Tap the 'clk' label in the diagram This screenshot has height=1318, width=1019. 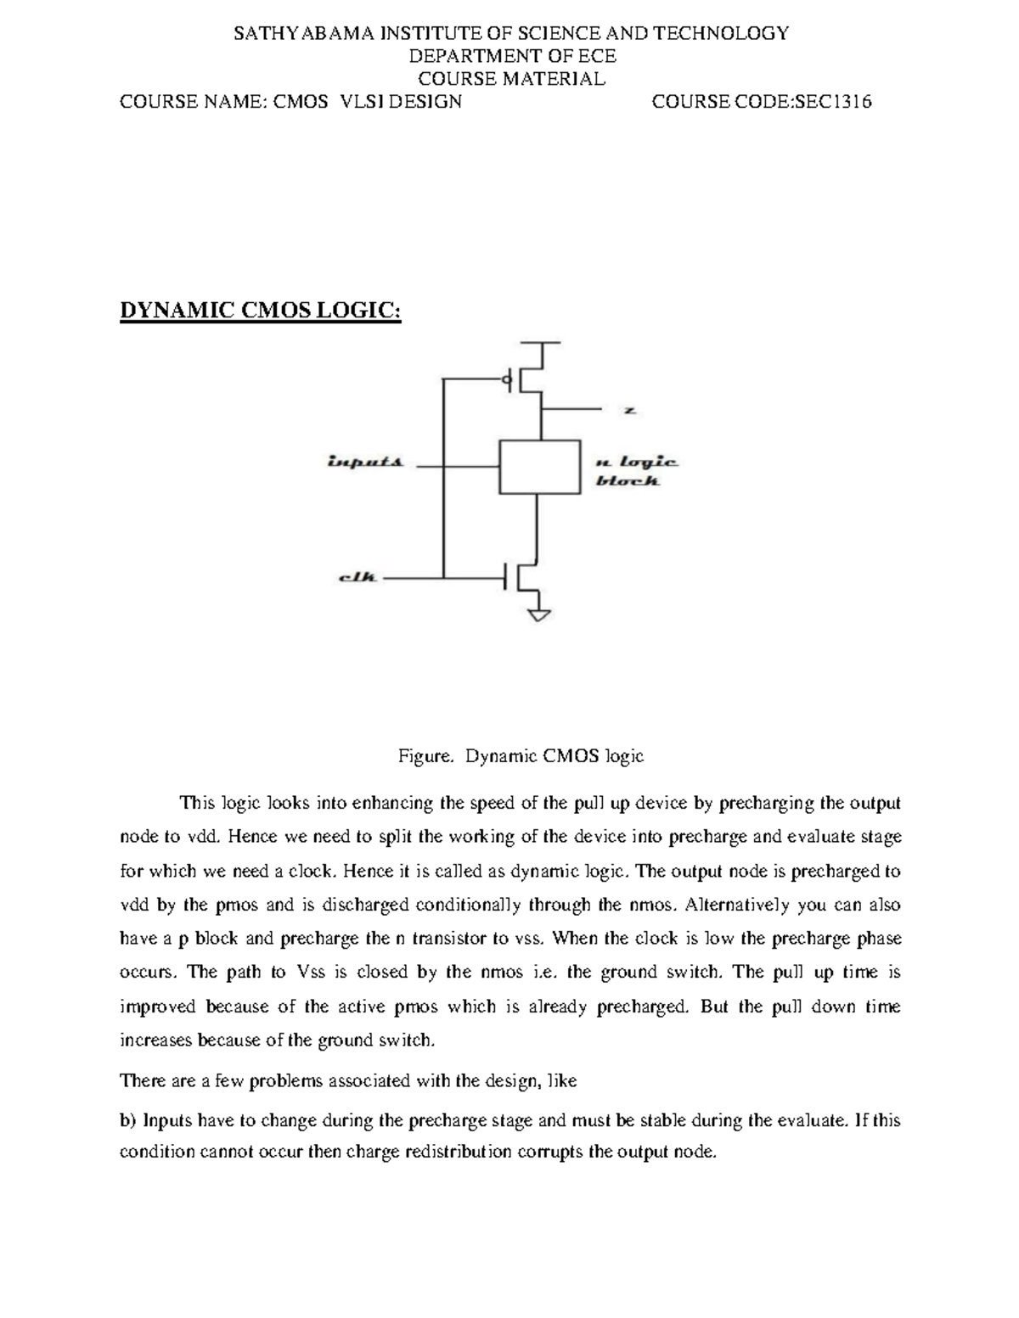[357, 578]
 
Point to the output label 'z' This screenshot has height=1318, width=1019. [630, 411]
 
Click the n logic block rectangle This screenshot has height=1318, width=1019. [539, 467]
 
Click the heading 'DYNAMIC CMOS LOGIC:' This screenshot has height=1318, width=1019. [260, 311]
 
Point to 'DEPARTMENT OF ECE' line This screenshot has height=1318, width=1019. [512, 57]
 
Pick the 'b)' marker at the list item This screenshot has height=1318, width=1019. [128, 1120]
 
